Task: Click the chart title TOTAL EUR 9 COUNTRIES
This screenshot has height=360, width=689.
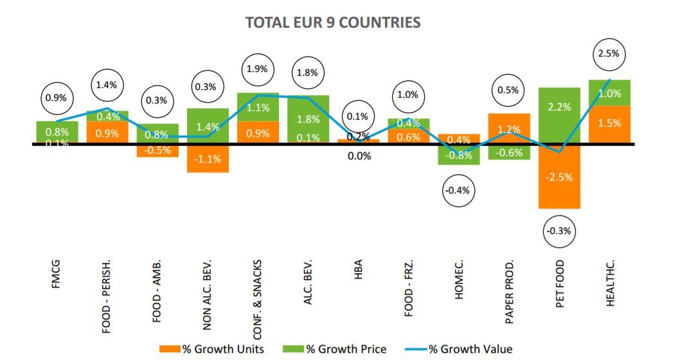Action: [333, 22]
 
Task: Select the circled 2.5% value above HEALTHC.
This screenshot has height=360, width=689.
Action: [608, 54]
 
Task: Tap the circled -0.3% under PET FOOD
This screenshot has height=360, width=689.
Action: [559, 231]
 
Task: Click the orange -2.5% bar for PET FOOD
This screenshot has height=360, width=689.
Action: [559, 177]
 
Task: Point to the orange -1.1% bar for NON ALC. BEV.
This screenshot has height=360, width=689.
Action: [208, 158]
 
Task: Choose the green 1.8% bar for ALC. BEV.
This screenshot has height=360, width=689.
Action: [309, 119]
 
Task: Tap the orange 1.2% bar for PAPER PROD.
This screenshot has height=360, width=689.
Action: [508, 129]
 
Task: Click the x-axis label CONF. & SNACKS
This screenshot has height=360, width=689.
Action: [258, 299]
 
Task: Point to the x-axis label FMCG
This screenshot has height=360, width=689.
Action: [56, 274]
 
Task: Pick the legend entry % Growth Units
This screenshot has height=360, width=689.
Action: [212, 349]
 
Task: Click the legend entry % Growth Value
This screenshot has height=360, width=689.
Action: [458, 349]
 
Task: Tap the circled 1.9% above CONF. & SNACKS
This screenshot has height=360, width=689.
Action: [258, 69]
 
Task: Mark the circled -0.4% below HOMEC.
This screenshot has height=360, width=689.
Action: [458, 190]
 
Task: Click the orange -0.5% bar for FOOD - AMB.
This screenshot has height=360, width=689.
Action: [157, 150]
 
